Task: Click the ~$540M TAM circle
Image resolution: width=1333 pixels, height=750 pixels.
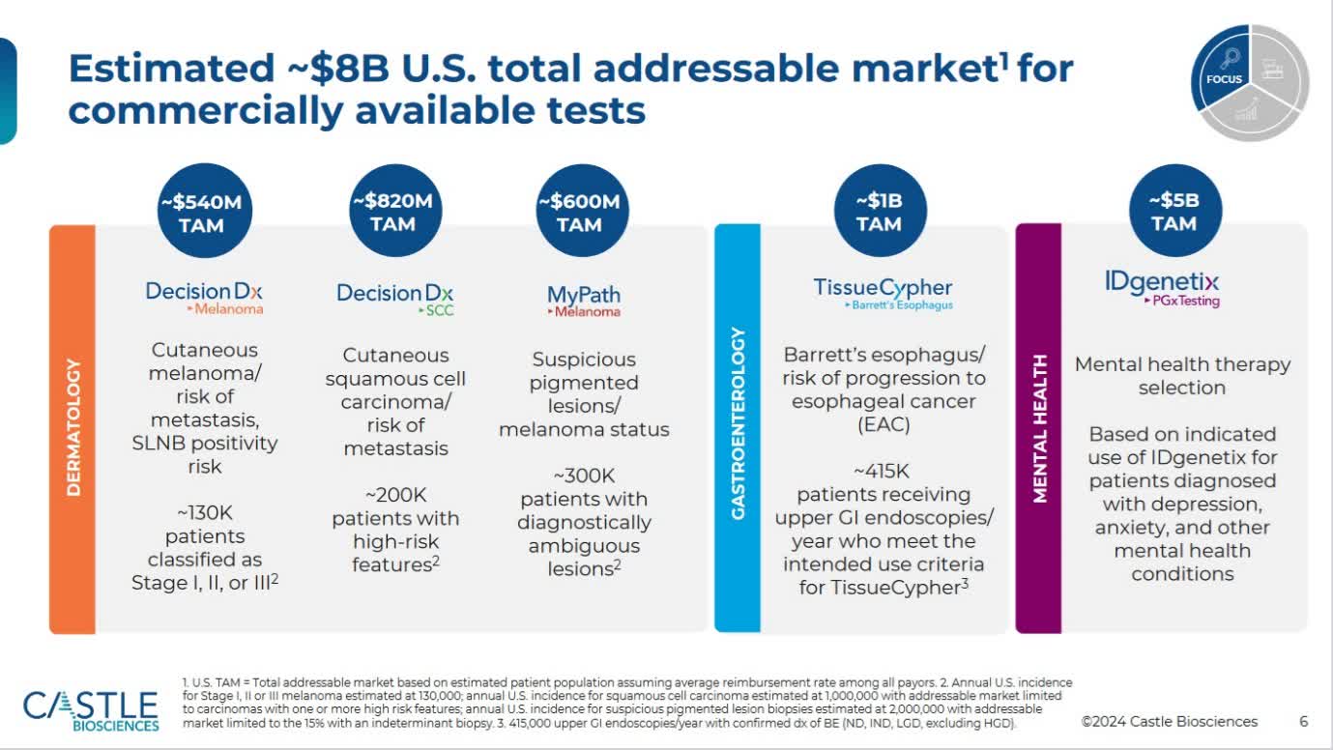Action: (x=202, y=214)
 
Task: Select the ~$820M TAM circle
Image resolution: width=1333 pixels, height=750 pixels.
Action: (x=392, y=213)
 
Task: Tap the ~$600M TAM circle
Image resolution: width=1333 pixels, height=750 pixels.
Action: (x=578, y=213)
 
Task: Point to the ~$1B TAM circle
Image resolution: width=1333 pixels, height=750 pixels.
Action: (x=879, y=213)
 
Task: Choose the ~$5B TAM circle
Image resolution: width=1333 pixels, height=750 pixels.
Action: (x=1174, y=212)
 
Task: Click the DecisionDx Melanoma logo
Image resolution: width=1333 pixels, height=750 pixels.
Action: (x=204, y=297)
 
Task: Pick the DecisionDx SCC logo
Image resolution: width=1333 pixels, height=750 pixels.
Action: (x=394, y=298)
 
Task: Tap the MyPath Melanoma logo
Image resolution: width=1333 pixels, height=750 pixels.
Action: (x=583, y=300)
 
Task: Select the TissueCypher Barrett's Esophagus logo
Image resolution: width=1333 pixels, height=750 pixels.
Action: (x=883, y=293)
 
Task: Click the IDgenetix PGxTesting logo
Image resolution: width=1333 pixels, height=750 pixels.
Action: (x=1162, y=287)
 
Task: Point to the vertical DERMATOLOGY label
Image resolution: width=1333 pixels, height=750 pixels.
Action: (x=73, y=428)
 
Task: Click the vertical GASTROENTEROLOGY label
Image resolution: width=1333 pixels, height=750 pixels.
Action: (x=738, y=423)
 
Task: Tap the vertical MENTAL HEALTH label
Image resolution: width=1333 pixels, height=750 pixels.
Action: (x=1039, y=428)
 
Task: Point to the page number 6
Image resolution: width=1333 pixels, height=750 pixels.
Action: (x=1303, y=721)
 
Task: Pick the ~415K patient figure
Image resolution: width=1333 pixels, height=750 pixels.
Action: (x=881, y=472)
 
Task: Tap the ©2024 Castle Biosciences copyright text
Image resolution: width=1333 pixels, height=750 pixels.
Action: (x=1170, y=721)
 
